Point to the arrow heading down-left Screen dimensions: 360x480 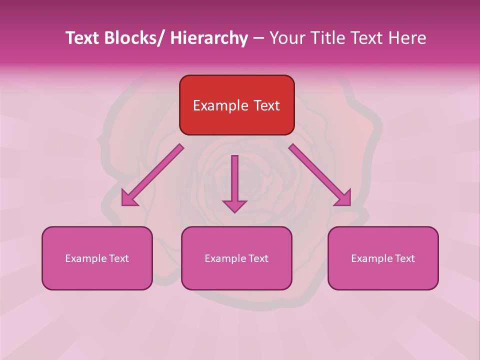[152, 175]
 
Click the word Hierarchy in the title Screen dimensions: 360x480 [209, 38]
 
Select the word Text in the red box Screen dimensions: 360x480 [266, 106]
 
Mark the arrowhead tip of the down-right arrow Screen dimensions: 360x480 [350, 205]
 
